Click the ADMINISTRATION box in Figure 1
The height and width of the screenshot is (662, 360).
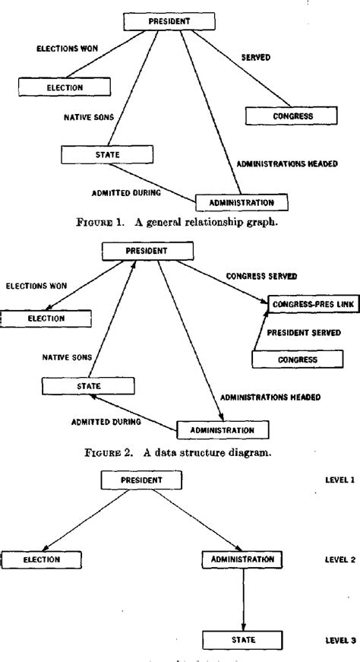[243, 202]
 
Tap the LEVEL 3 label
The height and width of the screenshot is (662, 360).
[339, 639]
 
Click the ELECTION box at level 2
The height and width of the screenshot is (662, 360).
[41, 559]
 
